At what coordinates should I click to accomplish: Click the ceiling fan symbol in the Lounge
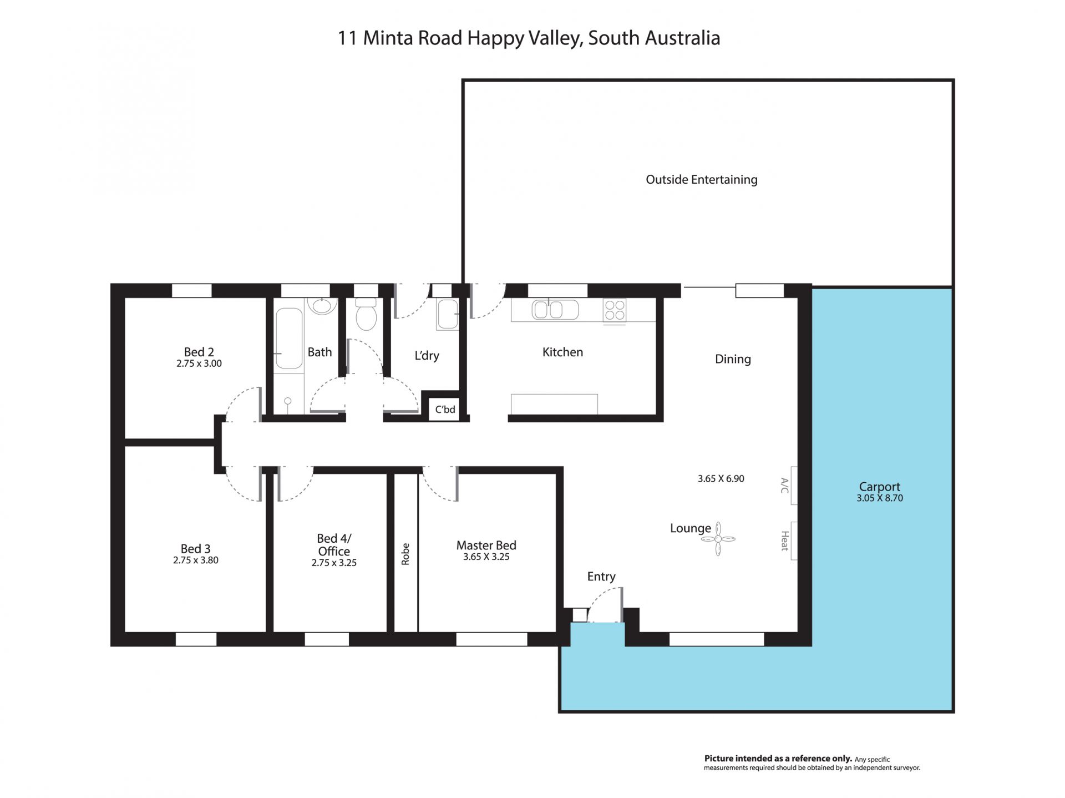(x=718, y=539)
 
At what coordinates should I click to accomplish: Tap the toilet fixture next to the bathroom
(x=366, y=314)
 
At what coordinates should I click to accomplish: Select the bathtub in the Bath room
(x=289, y=339)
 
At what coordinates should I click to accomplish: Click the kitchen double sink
(x=555, y=310)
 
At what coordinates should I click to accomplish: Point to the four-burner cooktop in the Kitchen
(x=615, y=310)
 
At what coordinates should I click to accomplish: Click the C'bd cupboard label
(x=445, y=410)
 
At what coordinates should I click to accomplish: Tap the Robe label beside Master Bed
(x=405, y=554)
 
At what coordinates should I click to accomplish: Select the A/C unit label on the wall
(x=784, y=485)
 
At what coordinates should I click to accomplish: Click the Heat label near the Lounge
(x=784, y=541)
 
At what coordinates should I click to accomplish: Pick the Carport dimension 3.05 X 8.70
(x=880, y=498)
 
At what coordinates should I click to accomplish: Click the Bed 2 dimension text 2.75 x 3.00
(x=199, y=363)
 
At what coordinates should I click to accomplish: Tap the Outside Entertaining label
(x=702, y=179)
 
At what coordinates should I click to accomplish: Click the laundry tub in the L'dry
(x=448, y=314)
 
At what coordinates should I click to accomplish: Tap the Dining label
(x=733, y=359)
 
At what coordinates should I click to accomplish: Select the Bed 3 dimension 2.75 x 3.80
(x=196, y=560)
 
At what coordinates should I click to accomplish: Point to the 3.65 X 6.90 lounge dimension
(x=721, y=478)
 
